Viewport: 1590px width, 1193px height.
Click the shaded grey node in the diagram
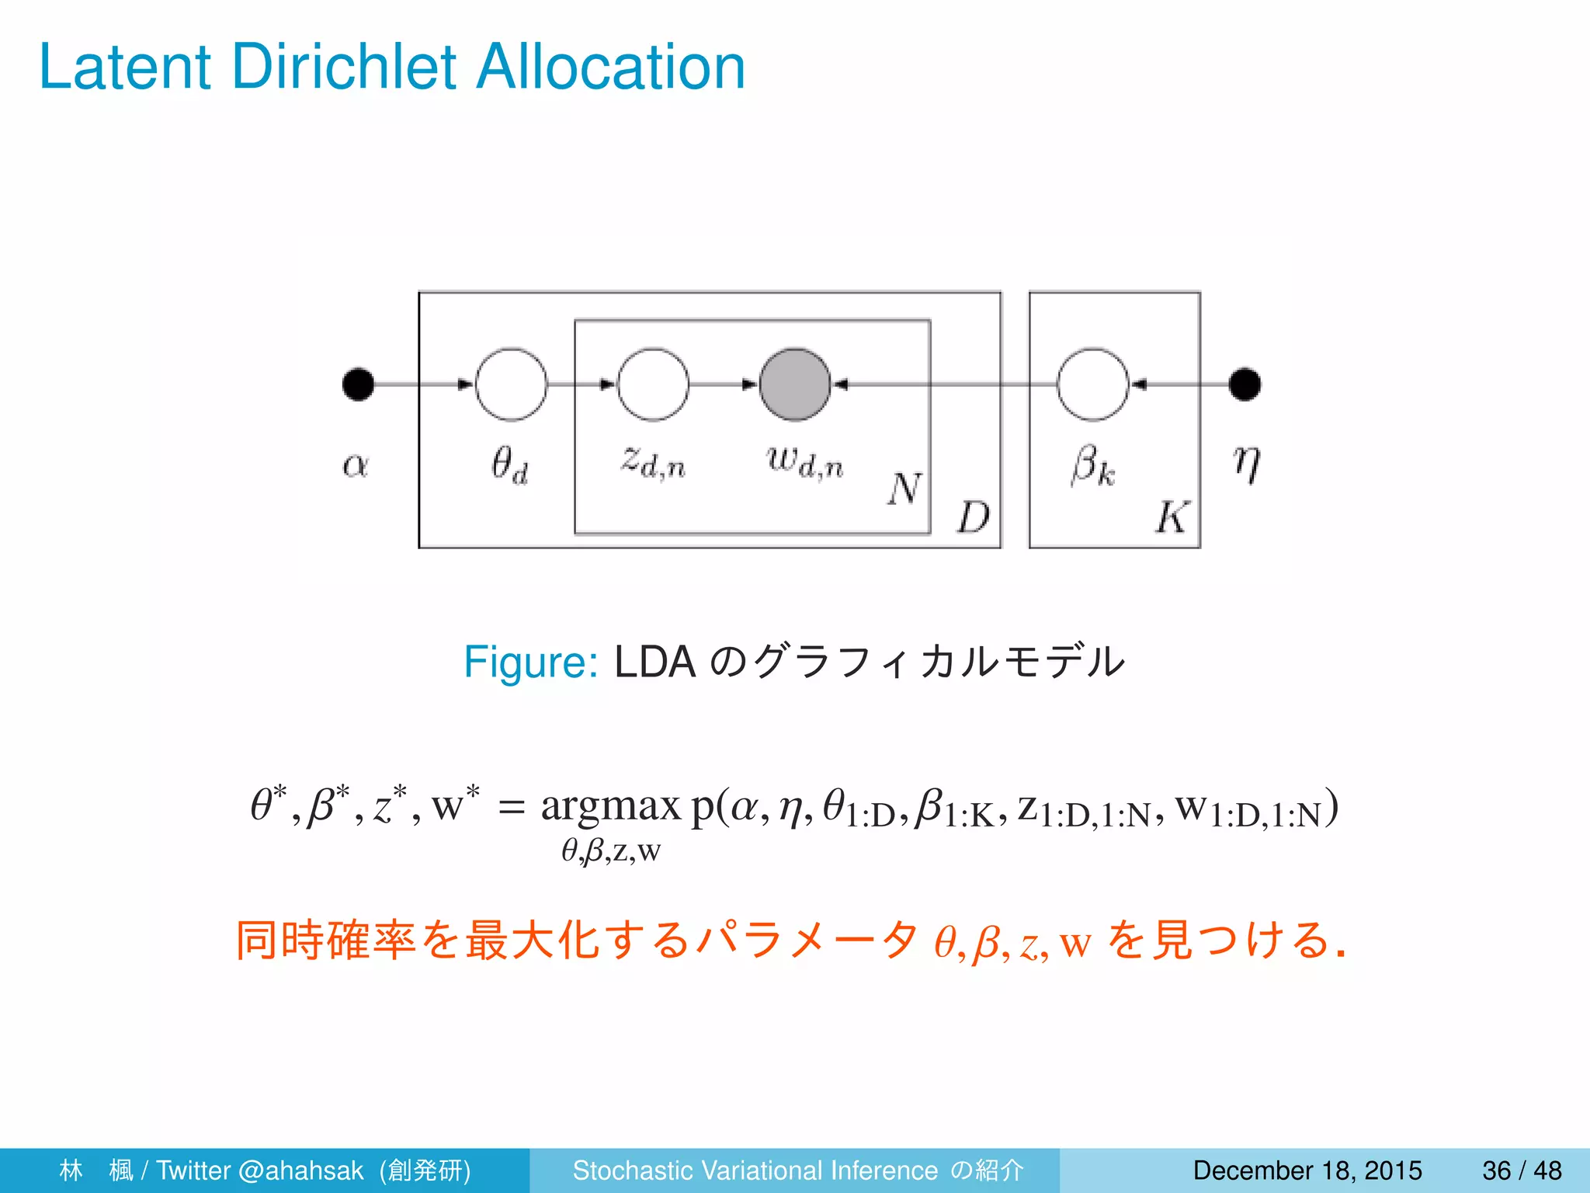tap(794, 384)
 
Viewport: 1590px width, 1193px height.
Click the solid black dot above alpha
tap(358, 384)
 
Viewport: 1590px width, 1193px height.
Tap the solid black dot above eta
tap(1245, 384)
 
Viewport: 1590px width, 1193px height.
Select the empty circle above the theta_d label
tap(511, 384)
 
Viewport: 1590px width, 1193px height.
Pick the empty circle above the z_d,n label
tap(653, 384)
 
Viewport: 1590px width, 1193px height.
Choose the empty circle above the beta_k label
tap(1092, 384)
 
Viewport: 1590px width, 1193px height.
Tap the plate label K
tap(1172, 517)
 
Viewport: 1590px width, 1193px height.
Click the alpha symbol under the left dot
tap(356, 465)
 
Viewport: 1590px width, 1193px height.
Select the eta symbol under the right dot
tap(1246, 464)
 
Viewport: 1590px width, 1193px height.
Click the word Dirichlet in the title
tap(343, 67)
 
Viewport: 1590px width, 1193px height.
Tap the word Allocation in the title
tap(610, 67)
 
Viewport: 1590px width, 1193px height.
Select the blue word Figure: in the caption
tap(530, 663)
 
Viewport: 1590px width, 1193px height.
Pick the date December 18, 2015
tap(1307, 1170)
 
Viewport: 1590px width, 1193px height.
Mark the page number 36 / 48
tap(1522, 1170)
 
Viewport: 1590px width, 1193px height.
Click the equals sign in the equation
tap(511, 809)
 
